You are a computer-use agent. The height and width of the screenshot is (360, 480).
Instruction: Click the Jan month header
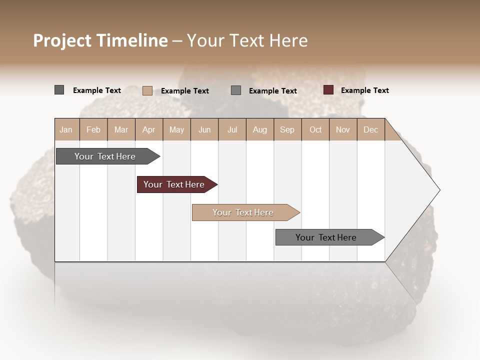[66, 129]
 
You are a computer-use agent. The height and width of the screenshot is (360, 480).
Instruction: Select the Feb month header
[93, 129]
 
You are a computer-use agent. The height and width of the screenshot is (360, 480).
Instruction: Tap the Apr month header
[148, 129]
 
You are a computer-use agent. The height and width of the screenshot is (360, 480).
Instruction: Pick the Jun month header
[204, 129]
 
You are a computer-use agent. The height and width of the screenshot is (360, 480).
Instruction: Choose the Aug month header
[259, 129]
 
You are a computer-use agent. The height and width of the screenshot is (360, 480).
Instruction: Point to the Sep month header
[287, 129]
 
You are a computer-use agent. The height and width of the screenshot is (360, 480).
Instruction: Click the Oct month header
[315, 129]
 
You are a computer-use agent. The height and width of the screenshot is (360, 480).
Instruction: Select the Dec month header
[370, 129]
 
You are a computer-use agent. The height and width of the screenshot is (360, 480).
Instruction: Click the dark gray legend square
[59, 90]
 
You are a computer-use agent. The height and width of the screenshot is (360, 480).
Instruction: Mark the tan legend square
[147, 90]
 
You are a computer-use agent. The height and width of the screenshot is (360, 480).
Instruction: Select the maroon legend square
[328, 90]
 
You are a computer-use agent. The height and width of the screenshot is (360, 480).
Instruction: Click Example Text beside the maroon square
[364, 90]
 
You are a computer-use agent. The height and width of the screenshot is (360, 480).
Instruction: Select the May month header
[176, 129]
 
